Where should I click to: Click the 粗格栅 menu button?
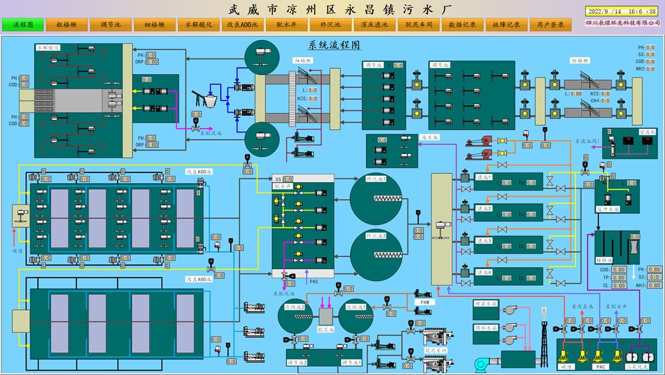(x=66, y=25)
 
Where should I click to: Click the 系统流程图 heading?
(x=334, y=45)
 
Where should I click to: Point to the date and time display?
(x=620, y=11)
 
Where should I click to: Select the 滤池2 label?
(x=484, y=208)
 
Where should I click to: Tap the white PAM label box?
(x=426, y=302)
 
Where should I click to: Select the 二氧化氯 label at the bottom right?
(x=637, y=366)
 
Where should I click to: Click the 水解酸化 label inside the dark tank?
(x=48, y=48)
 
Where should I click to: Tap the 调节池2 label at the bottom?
(x=296, y=362)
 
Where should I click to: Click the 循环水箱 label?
(x=486, y=327)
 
